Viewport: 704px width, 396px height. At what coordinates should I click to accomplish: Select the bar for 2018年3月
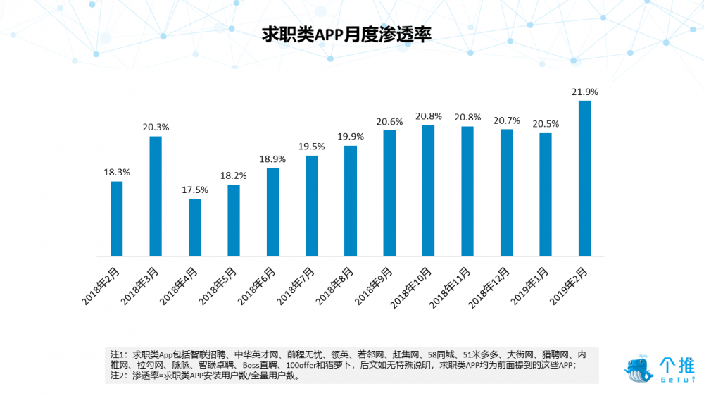point(156,196)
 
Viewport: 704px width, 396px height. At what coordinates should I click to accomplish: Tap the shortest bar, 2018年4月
point(194,227)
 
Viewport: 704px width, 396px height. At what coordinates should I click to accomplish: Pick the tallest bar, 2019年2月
point(584,178)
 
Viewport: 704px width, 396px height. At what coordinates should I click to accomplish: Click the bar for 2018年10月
point(428,190)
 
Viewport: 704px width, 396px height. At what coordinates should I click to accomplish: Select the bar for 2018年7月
point(312,205)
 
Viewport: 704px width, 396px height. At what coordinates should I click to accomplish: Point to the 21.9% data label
point(584,92)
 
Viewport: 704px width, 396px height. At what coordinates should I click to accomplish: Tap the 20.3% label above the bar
point(156,128)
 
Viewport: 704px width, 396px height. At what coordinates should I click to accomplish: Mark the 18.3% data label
point(116,173)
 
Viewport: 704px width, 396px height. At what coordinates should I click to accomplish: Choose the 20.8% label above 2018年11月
point(467,117)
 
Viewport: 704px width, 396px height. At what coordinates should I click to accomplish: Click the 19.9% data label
point(350,137)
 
